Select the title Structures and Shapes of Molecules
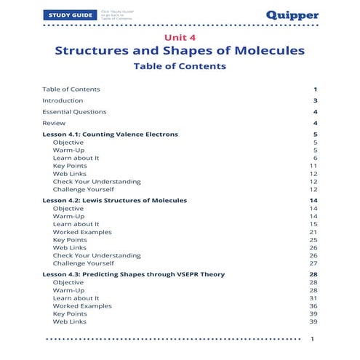(x=180, y=51)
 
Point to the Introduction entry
(x=63, y=100)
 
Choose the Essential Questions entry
(x=74, y=112)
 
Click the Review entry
(x=54, y=124)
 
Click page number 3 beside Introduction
(x=315, y=100)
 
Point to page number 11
(x=313, y=166)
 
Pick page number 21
(x=313, y=232)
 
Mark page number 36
(x=313, y=305)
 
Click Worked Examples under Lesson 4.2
(x=82, y=232)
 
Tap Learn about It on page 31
(x=76, y=297)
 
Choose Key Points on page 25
(x=70, y=240)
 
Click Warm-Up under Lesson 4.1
(x=68, y=151)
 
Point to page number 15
(x=313, y=224)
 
